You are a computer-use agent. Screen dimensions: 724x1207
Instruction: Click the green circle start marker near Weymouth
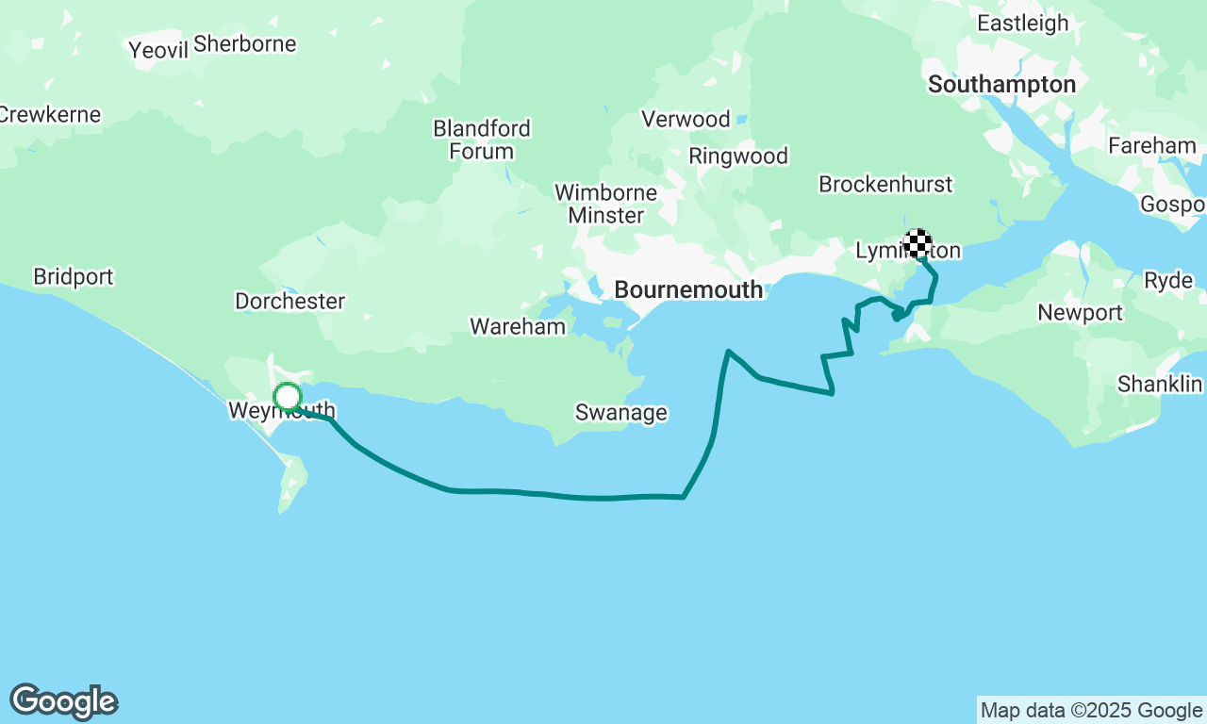tap(288, 397)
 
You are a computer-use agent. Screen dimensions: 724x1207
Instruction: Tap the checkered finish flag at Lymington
tap(918, 243)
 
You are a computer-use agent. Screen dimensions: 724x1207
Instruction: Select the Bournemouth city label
tap(688, 290)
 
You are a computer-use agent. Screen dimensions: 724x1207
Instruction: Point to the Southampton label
tap(1001, 85)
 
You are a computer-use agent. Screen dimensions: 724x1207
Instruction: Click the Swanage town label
tap(621, 413)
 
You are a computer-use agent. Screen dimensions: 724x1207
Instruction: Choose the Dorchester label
tap(289, 302)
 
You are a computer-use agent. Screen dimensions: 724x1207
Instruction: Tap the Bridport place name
tap(73, 277)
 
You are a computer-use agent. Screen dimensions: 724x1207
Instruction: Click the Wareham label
tap(518, 327)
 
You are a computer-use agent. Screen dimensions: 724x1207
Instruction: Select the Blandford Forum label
tap(482, 140)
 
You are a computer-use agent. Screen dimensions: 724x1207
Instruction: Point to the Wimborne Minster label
tap(605, 204)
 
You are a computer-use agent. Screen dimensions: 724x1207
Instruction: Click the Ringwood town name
tap(738, 156)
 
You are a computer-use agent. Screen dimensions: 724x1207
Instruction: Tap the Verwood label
tap(686, 120)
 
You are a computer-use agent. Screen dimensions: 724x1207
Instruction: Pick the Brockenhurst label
tap(885, 185)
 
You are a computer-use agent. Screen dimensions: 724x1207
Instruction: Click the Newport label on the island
tap(1080, 313)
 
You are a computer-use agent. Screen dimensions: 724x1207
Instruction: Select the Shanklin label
tap(1160, 385)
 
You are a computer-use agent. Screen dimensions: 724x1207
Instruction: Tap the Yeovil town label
tap(158, 50)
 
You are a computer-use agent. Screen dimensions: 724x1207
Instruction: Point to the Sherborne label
tap(244, 44)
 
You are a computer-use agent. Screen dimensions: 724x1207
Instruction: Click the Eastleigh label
tap(1023, 24)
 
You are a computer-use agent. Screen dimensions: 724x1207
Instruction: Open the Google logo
tap(63, 702)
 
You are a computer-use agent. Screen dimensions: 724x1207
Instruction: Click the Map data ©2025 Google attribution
tap(1091, 711)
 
